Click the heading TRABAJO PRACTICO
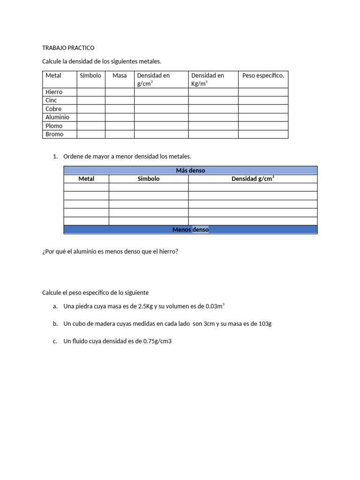pos(68,48)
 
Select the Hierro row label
pos(54,92)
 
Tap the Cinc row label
pos(51,100)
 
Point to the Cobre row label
pos(53,109)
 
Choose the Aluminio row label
pos(57,117)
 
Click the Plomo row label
pos(54,126)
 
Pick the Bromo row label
pos(54,134)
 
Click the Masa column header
pos(120,75)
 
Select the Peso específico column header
pos(263,75)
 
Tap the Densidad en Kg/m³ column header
pos(207,79)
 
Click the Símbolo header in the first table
pos(90,75)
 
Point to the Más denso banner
pos(190,170)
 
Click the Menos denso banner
pos(190,230)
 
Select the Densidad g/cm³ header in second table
pos(253,179)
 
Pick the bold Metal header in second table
pos(86,179)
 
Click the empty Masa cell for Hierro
pos(120,92)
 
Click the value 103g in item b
pos(265,324)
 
